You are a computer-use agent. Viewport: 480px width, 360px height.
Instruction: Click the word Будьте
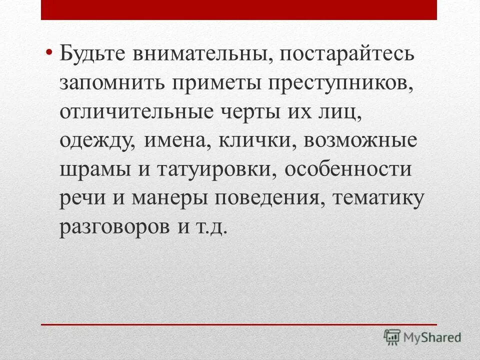pyautogui.click(x=92, y=54)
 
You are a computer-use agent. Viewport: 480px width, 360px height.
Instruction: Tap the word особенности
pyautogui.click(x=349, y=168)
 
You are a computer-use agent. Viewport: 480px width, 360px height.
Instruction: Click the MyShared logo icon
pyautogui.click(x=393, y=337)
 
